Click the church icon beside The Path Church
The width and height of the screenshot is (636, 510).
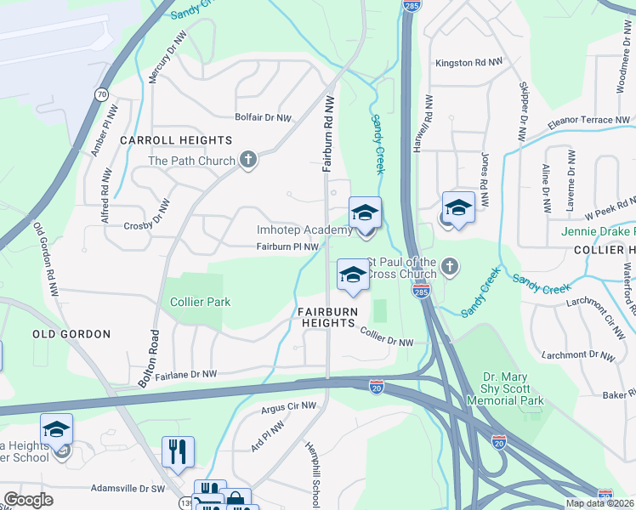pos(248,160)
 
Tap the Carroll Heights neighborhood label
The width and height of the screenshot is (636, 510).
pos(176,140)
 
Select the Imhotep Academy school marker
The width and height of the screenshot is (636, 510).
pos(365,212)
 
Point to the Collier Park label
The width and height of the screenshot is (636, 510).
pos(201,302)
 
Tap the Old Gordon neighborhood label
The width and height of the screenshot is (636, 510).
pos(71,334)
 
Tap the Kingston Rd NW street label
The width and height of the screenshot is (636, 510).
pos(468,63)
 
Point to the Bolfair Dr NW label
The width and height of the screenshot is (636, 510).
pos(264,117)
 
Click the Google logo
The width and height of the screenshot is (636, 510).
pos(29,500)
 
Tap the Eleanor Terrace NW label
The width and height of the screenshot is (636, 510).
pos(588,121)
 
